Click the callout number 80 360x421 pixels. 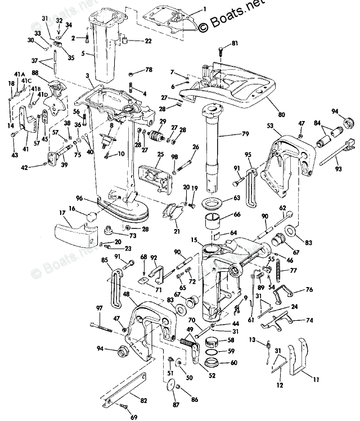281,115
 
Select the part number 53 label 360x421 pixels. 270,126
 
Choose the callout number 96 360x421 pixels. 79,198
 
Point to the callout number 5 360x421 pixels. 83,53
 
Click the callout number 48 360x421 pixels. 127,294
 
